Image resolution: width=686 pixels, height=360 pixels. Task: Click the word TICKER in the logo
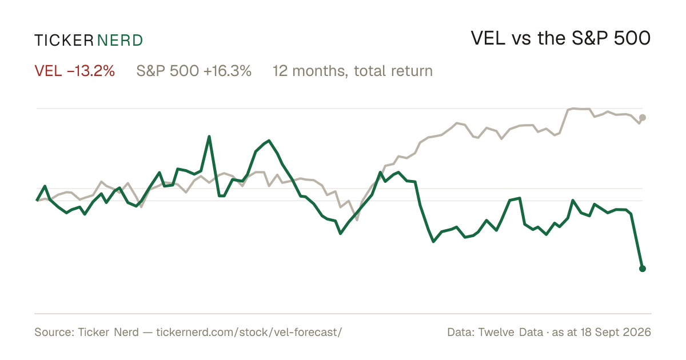(64, 41)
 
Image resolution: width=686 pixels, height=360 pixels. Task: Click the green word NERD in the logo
(119, 41)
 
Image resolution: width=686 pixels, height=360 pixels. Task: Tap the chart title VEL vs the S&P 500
(560, 39)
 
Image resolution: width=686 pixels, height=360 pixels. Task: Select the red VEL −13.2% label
(75, 71)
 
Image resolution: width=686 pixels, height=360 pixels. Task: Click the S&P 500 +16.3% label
(194, 71)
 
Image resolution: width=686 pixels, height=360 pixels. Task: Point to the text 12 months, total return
(353, 71)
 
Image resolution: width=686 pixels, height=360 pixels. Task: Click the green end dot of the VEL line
(643, 269)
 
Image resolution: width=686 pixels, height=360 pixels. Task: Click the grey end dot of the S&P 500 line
(643, 118)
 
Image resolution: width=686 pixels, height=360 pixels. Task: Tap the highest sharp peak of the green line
(209, 136)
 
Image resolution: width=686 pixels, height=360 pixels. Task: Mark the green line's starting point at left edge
(37, 200)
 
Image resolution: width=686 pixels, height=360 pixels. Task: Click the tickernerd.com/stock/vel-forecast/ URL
(249, 332)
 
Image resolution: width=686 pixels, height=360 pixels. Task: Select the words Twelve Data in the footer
(510, 332)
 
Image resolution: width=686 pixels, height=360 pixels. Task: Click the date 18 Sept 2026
(616, 332)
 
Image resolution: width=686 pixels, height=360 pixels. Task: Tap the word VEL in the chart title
(488, 39)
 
